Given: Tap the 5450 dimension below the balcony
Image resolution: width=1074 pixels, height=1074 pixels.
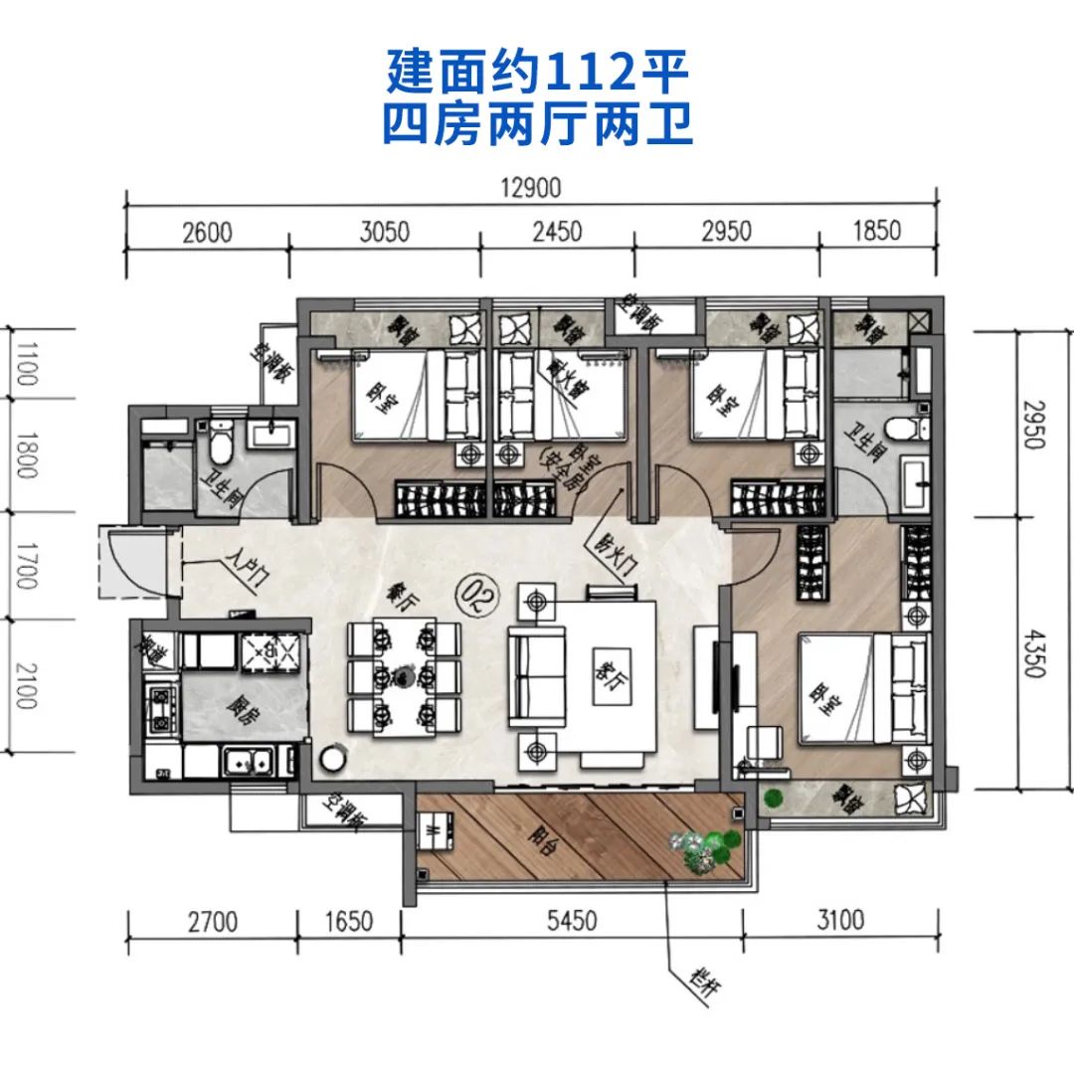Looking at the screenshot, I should (571, 921).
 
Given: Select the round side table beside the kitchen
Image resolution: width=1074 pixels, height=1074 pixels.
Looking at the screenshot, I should (329, 760).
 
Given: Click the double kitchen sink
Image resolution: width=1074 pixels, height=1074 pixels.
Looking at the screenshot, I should (247, 763).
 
